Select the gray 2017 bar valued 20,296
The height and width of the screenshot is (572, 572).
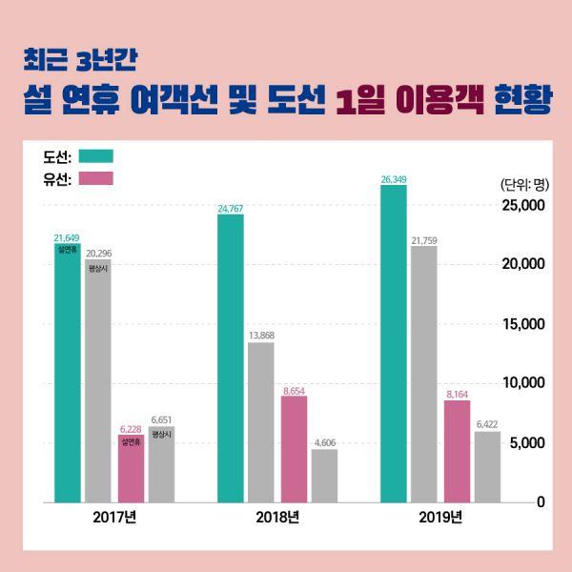pyautogui.click(x=97, y=381)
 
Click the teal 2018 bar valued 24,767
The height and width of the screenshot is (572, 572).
pyautogui.click(x=231, y=357)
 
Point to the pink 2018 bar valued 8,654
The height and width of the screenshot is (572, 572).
pyautogui.click(x=294, y=448)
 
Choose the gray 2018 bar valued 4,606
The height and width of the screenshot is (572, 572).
pyautogui.click(x=324, y=475)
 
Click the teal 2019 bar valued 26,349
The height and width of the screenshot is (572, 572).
pyautogui.click(x=393, y=343)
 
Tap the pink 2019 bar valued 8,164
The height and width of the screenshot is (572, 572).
pyautogui.click(x=457, y=451)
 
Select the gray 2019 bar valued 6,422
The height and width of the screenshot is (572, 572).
pyautogui.click(x=487, y=466)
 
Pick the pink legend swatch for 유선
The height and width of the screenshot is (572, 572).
pyautogui.click(x=96, y=178)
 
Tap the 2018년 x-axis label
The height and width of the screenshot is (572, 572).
pyautogui.click(x=277, y=519)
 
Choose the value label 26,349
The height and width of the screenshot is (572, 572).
pyautogui.click(x=393, y=178)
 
